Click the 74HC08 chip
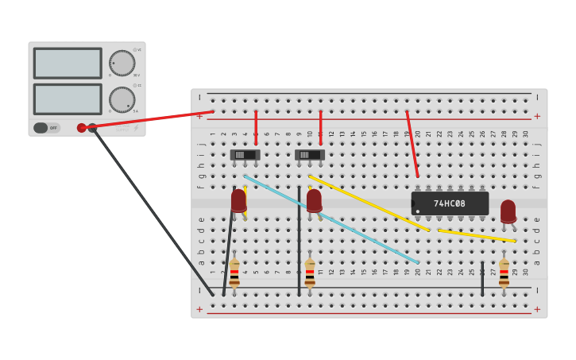point(450,203)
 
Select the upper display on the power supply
point(68,63)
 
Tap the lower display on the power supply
point(68,99)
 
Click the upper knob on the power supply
point(122,63)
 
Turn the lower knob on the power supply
point(122,99)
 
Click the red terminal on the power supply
point(82,128)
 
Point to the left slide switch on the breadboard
point(245,155)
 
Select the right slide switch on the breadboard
point(310,155)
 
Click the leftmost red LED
point(238,199)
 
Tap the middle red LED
point(314,199)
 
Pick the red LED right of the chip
point(508,211)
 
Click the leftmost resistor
point(234,273)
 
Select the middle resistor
point(310,273)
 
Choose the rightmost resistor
point(504,273)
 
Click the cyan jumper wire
point(334,220)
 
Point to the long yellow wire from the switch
point(369,203)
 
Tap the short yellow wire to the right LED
point(477,235)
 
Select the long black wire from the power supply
point(151,211)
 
